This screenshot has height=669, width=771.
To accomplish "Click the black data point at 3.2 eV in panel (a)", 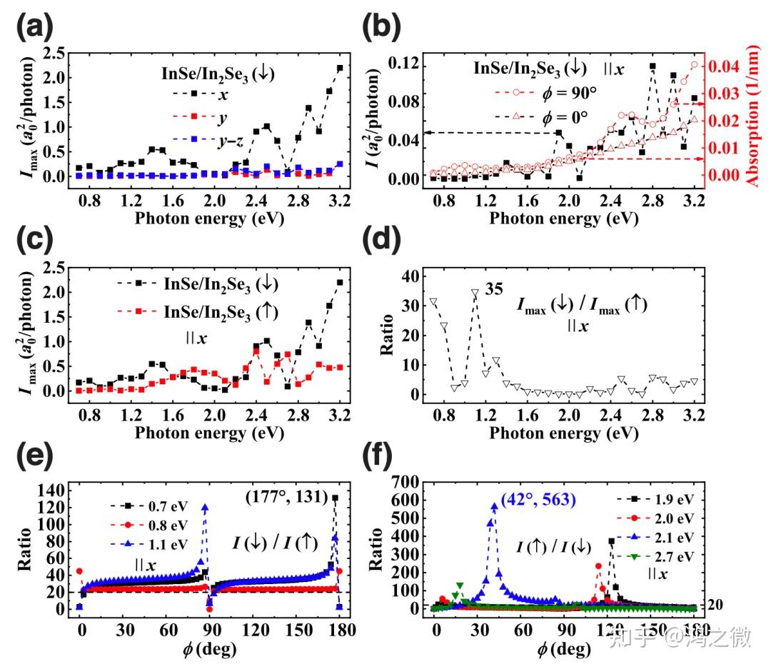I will (x=340, y=68).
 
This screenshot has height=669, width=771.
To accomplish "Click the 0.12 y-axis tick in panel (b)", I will (x=403, y=66).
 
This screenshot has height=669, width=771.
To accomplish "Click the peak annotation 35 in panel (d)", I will (x=494, y=289).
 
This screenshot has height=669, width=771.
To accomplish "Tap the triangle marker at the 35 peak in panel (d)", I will (x=475, y=293).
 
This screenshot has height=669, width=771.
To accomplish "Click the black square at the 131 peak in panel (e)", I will (x=336, y=498).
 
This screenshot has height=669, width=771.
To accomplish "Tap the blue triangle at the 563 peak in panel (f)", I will (x=495, y=507).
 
